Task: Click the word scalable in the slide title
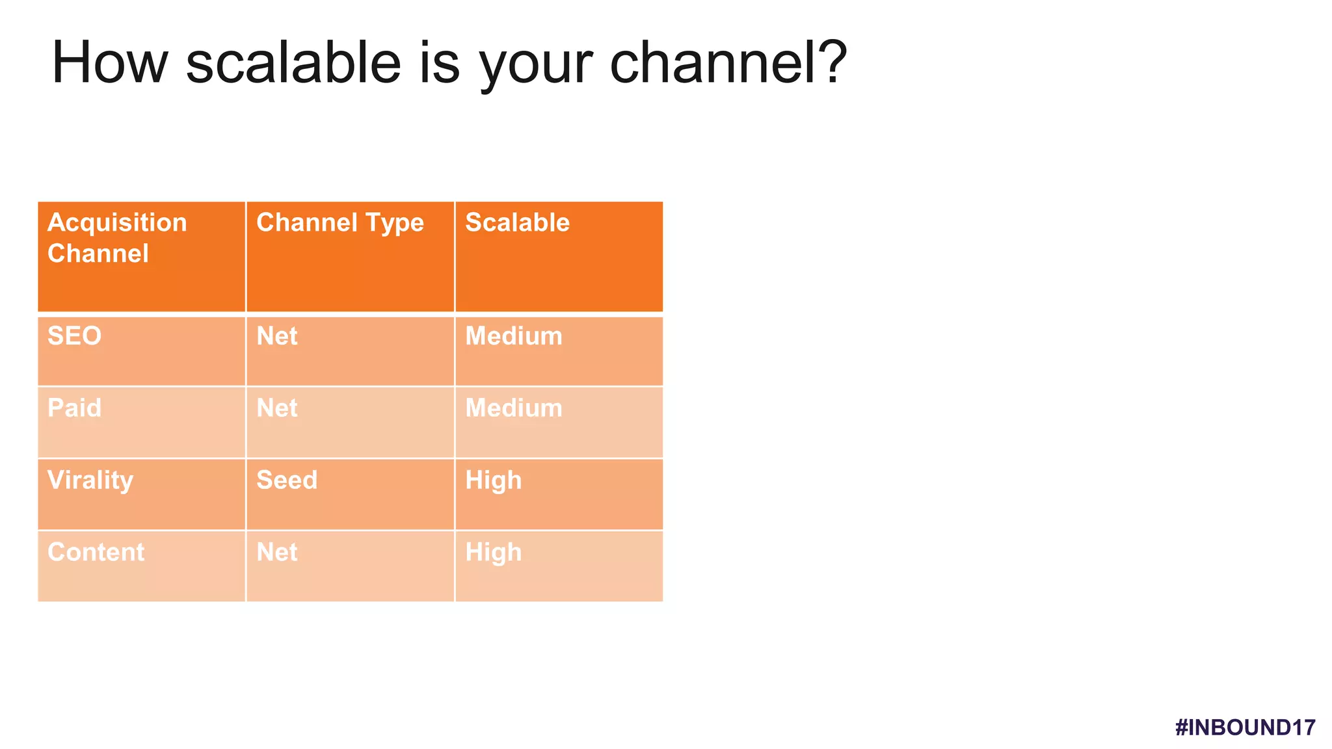point(293,62)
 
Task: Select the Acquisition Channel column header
point(117,237)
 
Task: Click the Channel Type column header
point(340,222)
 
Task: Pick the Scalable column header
point(517,222)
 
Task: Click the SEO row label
point(74,336)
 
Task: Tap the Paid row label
point(74,408)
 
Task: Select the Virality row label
point(90,480)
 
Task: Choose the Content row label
point(96,553)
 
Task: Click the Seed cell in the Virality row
point(287,480)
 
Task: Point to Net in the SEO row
point(277,336)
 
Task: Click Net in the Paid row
point(277,408)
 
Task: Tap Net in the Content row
point(277,553)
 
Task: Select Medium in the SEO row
point(514,336)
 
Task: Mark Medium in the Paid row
point(514,408)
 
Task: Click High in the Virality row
point(493,481)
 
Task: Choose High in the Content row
point(493,553)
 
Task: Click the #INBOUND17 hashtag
point(1245,728)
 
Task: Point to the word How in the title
point(109,62)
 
